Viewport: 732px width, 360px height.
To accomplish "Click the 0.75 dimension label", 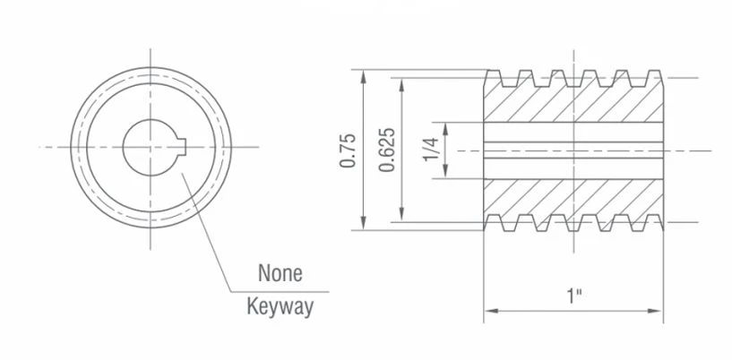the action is coord(348,150).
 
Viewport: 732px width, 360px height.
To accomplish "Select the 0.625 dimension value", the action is coord(387,150).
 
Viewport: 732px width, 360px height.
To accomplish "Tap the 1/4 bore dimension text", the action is coord(431,150).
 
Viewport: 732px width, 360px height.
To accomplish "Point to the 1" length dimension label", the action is coord(574,296).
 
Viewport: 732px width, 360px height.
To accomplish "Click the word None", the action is coord(280,273).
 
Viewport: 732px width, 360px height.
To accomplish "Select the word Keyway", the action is coord(280,307).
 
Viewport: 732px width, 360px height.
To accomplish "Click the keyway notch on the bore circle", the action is coord(183,147).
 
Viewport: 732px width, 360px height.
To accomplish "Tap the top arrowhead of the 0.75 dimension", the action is coord(364,76).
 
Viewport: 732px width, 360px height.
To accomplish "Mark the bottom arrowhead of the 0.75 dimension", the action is coord(364,223).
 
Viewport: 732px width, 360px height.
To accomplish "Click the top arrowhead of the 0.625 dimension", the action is coord(402,85).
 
